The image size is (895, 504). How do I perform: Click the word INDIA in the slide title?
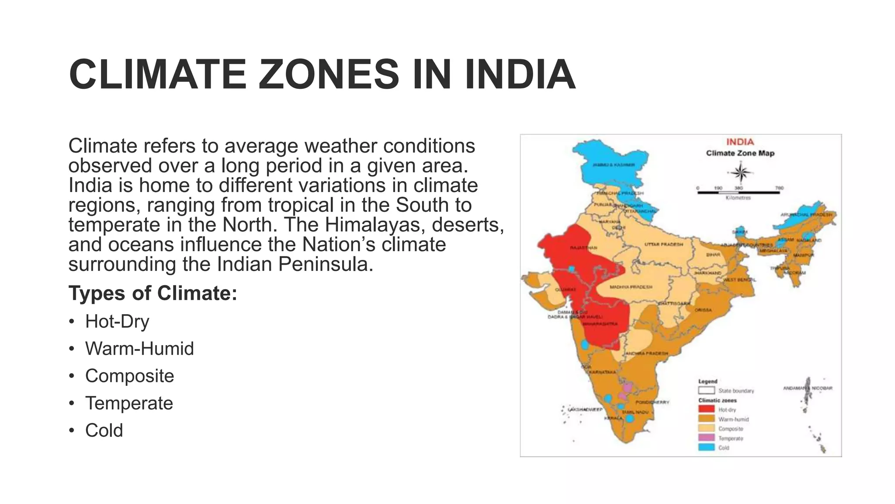tap(520, 74)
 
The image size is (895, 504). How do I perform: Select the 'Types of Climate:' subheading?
tap(153, 293)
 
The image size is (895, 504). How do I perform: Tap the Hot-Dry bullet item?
tap(117, 322)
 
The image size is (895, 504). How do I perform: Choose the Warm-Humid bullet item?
tap(139, 349)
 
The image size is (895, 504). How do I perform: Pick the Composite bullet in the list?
tap(129, 376)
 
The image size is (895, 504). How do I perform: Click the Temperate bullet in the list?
tap(129, 403)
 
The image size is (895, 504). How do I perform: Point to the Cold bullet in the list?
tap(104, 430)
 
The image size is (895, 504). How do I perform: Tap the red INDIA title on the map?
tap(740, 142)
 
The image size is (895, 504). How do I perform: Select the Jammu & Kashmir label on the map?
tap(614, 165)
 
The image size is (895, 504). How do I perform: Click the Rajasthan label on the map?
tap(583, 248)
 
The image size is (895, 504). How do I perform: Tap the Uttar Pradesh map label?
tap(664, 245)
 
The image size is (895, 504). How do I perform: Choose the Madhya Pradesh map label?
tap(631, 287)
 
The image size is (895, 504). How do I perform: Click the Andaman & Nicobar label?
tap(808, 388)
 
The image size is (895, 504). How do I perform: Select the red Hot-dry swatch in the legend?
tap(706, 409)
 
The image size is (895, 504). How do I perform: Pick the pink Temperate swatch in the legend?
tap(706, 438)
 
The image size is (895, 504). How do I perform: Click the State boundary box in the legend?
tap(706, 390)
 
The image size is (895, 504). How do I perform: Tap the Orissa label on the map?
tap(703, 310)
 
